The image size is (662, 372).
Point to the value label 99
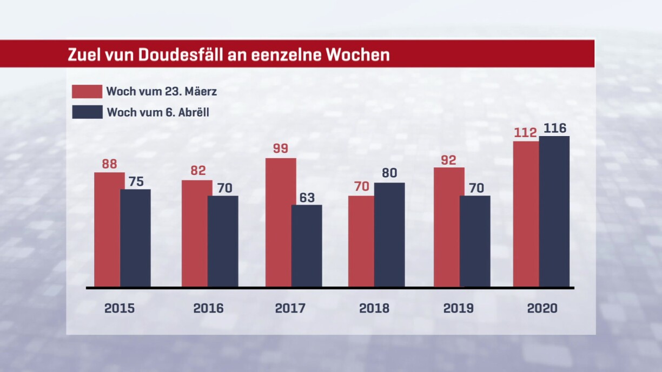pos(280,148)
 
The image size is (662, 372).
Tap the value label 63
pos(307,198)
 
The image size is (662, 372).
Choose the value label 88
pos(109,164)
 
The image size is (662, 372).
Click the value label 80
pos(389,174)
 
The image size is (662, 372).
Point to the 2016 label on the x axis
pos(208,308)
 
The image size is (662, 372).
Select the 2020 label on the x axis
pos(542,308)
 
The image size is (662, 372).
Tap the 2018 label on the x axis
pos(374,308)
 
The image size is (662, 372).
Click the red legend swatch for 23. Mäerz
pos(87,91)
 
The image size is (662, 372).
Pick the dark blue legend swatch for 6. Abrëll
pos(87,112)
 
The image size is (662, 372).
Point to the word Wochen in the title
pos(362,55)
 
